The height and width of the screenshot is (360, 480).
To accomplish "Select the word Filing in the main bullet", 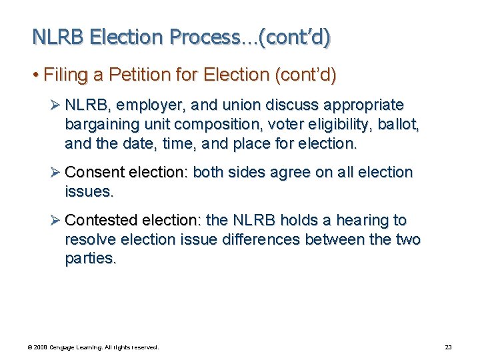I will coord(64,75).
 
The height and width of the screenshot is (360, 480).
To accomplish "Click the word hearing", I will coord(365,220).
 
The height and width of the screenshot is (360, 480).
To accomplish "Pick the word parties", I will coord(90,259).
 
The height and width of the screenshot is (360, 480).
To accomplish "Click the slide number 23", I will coord(448,347).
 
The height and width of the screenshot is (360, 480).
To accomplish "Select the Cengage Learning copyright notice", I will coord(93,347).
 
